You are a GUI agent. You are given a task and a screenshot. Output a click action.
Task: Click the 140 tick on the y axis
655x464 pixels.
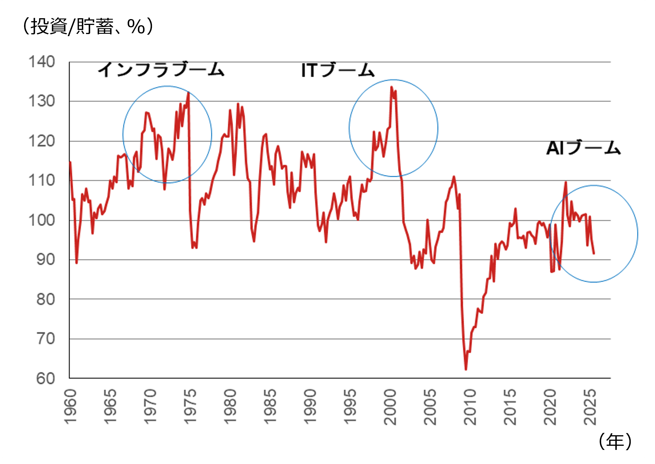point(42,62)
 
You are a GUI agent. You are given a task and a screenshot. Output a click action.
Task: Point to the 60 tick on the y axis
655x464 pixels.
point(45,379)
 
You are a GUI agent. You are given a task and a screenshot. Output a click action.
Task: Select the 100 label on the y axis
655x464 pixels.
point(42,220)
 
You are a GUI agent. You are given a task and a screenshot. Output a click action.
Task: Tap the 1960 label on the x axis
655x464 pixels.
point(70,407)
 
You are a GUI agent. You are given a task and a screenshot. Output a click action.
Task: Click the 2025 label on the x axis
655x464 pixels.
point(590,407)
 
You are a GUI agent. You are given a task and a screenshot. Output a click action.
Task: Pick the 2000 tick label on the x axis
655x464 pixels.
point(390,407)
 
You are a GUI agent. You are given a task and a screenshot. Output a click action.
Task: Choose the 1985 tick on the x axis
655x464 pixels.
point(270,407)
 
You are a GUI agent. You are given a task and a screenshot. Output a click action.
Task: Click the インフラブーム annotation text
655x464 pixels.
point(161,70)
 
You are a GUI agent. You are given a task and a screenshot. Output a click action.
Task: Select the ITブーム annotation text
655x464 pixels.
point(338,70)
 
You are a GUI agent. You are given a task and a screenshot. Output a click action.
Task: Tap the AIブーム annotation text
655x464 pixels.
point(583,148)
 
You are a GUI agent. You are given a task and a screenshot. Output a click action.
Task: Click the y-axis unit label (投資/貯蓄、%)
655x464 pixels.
point(88,27)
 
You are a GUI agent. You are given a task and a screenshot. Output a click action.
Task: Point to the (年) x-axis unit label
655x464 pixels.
point(615,441)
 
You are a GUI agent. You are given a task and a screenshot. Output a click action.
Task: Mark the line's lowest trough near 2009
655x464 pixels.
point(466,369)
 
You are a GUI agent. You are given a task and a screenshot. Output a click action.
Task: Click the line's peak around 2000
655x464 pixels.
point(391,87)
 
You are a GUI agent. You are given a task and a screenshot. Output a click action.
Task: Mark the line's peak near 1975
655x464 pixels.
point(188,93)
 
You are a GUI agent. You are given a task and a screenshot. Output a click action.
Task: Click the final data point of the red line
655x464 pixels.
point(594,253)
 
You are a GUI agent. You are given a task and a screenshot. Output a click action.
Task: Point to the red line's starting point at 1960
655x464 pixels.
point(70,162)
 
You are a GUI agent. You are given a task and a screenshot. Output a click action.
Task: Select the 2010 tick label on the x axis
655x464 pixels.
point(470,407)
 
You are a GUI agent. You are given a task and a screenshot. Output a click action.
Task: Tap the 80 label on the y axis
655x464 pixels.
point(45,299)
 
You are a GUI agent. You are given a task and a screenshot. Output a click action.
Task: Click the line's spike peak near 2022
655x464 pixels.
point(566,182)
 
